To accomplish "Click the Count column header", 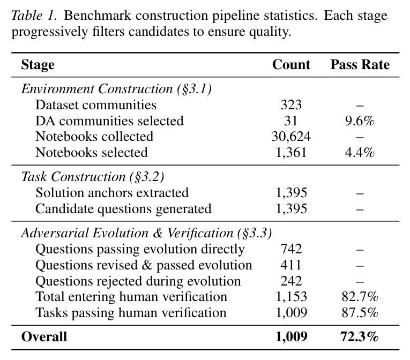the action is pos(291,65).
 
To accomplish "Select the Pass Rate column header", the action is pos(360,65).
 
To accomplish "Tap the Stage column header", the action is pos(38,65).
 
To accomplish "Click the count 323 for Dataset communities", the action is pos(291,105).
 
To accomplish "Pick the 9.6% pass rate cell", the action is pos(360,121).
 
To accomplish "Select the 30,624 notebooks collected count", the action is pos(291,137).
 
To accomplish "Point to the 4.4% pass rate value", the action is pos(360,153).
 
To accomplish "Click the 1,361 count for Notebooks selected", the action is pos(291,153).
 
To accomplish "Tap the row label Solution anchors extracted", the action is pos(112,193).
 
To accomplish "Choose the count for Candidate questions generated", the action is pos(291,209).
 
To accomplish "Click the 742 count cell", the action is pos(291,249).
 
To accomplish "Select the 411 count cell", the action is pos(291,265).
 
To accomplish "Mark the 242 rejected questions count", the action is pos(291,281).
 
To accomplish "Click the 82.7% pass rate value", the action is pos(360,297).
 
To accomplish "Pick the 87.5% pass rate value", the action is pos(360,313).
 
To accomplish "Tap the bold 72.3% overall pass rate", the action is pos(360,337).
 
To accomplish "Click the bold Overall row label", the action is pos(44,337).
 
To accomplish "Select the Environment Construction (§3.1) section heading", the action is pos(116,89).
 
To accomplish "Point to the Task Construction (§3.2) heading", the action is pos(93,177).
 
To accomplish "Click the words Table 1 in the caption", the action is pos(33,16).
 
